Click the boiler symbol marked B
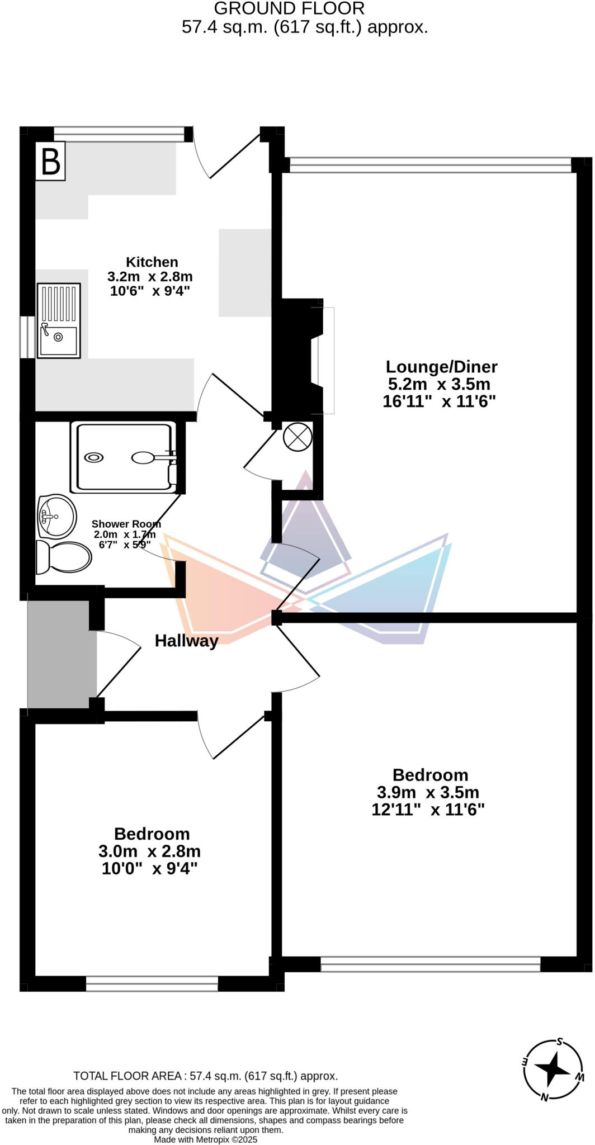[x=50, y=161]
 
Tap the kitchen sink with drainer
[x=58, y=320]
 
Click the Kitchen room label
[x=152, y=262]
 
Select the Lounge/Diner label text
[x=441, y=367]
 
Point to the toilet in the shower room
[x=63, y=557]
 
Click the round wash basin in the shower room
[x=57, y=515]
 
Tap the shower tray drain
[x=93, y=457]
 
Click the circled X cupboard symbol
[x=297, y=437]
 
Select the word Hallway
[x=186, y=641]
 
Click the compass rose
[x=553, y=1069]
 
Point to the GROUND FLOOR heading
[x=289, y=8]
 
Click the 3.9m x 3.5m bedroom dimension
[x=428, y=792]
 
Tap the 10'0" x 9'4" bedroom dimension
[x=149, y=868]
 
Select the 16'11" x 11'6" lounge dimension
[x=439, y=401]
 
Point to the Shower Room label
[x=126, y=524]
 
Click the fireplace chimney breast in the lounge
[x=296, y=356]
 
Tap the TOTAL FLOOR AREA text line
[x=205, y=1076]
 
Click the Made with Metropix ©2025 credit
[x=205, y=1139]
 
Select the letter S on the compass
[x=560, y=1042]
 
